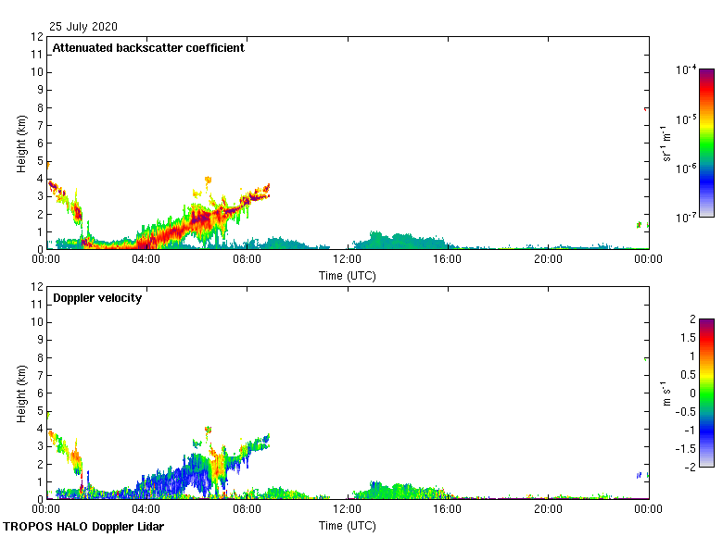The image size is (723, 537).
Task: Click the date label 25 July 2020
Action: tap(83, 27)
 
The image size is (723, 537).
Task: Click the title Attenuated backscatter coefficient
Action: tap(148, 48)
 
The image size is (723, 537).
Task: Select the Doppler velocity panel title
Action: tap(97, 298)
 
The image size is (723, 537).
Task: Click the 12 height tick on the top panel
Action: tap(38, 37)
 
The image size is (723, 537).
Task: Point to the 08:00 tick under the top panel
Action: tap(247, 260)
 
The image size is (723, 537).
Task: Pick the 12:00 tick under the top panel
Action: tap(348, 260)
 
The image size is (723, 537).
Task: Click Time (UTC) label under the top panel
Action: tap(348, 275)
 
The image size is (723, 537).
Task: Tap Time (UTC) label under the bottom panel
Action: tap(348, 525)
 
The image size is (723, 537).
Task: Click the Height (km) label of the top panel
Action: tap(21, 144)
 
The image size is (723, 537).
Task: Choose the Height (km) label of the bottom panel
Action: tap(21, 393)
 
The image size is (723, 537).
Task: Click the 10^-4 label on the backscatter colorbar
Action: tap(687, 69)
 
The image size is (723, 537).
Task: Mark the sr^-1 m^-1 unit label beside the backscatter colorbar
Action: tap(666, 144)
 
